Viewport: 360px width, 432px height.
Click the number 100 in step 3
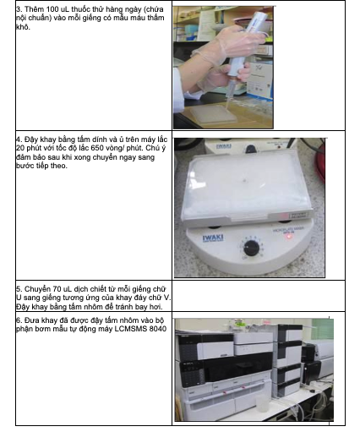click(52, 9)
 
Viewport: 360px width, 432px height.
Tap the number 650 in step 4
click(97, 148)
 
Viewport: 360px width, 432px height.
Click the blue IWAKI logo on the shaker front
click(213, 238)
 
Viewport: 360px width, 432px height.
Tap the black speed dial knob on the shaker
click(251, 248)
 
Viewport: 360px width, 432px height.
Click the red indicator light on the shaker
click(289, 237)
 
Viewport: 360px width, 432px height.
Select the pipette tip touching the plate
click(227, 102)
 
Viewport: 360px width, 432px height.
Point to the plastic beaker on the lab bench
click(261, 403)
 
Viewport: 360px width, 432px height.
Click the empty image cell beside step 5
click(259, 296)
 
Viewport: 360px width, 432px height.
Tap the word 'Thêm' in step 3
click(35, 9)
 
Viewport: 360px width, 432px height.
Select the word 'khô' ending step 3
click(23, 27)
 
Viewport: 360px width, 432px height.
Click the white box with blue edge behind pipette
click(259, 80)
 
